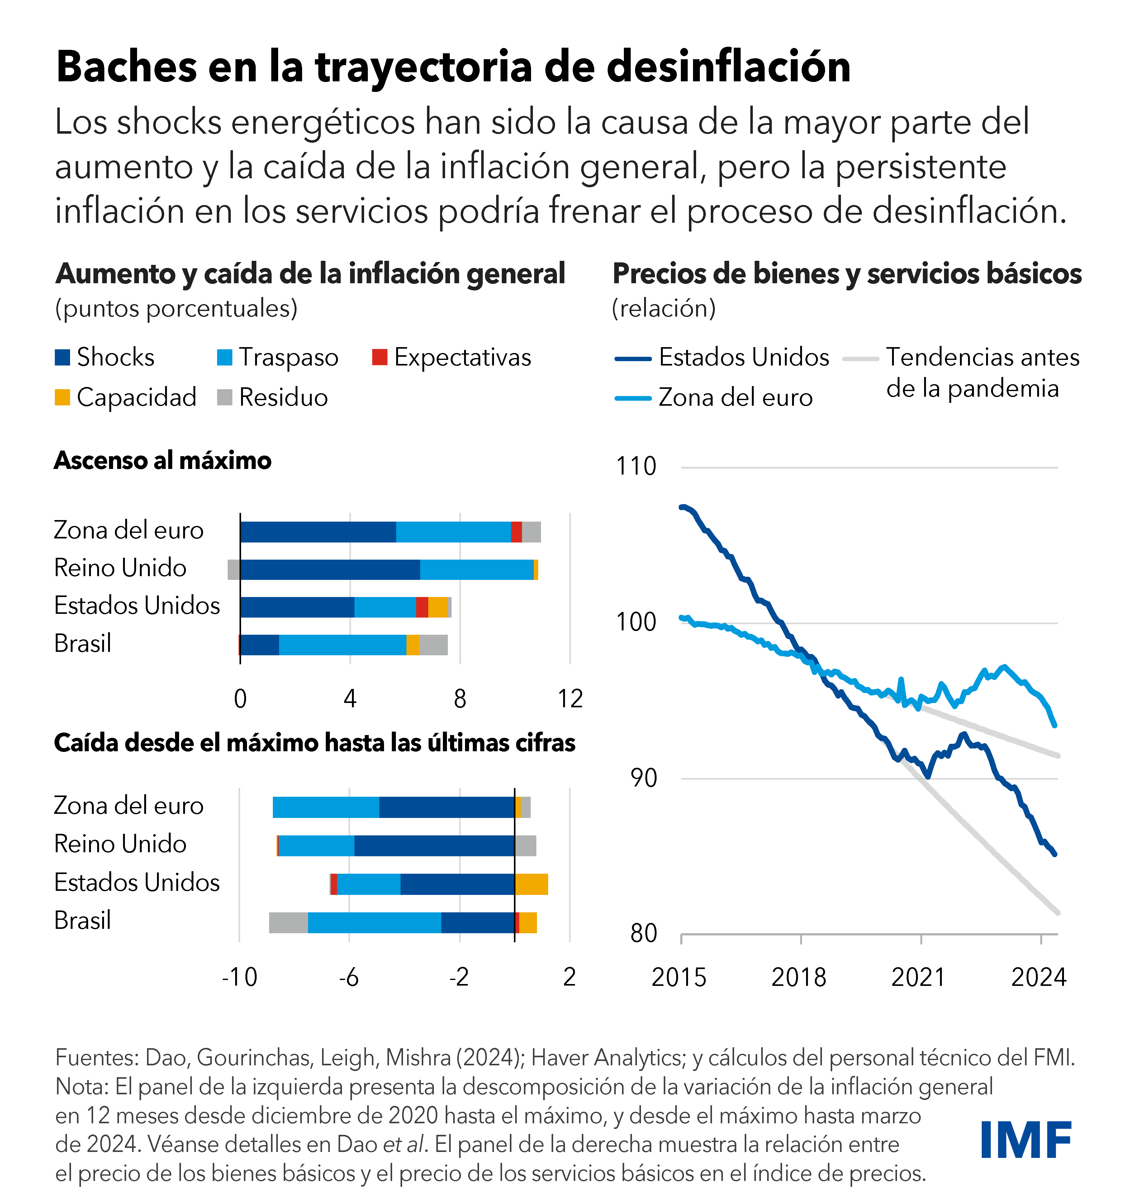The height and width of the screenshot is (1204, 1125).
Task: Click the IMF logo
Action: (x=1026, y=1140)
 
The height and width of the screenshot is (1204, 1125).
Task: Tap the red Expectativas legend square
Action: (x=380, y=357)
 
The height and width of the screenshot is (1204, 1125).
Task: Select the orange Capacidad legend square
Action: (x=62, y=397)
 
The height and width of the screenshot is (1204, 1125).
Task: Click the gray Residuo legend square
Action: (x=225, y=397)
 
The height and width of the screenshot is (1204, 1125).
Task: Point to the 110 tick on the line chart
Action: (x=636, y=466)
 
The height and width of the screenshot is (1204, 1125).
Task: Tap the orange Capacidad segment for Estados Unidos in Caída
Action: (x=532, y=884)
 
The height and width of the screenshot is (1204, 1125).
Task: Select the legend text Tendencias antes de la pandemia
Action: (x=982, y=372)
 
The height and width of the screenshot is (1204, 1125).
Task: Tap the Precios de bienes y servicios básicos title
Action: (x=847, y=274)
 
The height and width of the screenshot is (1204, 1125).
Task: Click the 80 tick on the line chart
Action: (x=643, y=933)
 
